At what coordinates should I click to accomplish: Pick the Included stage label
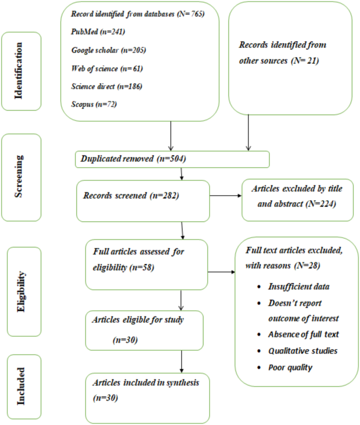[22, 387]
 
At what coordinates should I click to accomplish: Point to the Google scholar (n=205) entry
[108, 50]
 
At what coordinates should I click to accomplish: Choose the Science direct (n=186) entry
[107, 86]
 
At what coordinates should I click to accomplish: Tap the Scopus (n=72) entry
[94, 104]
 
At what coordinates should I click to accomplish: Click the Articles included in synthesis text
[146, 382]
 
